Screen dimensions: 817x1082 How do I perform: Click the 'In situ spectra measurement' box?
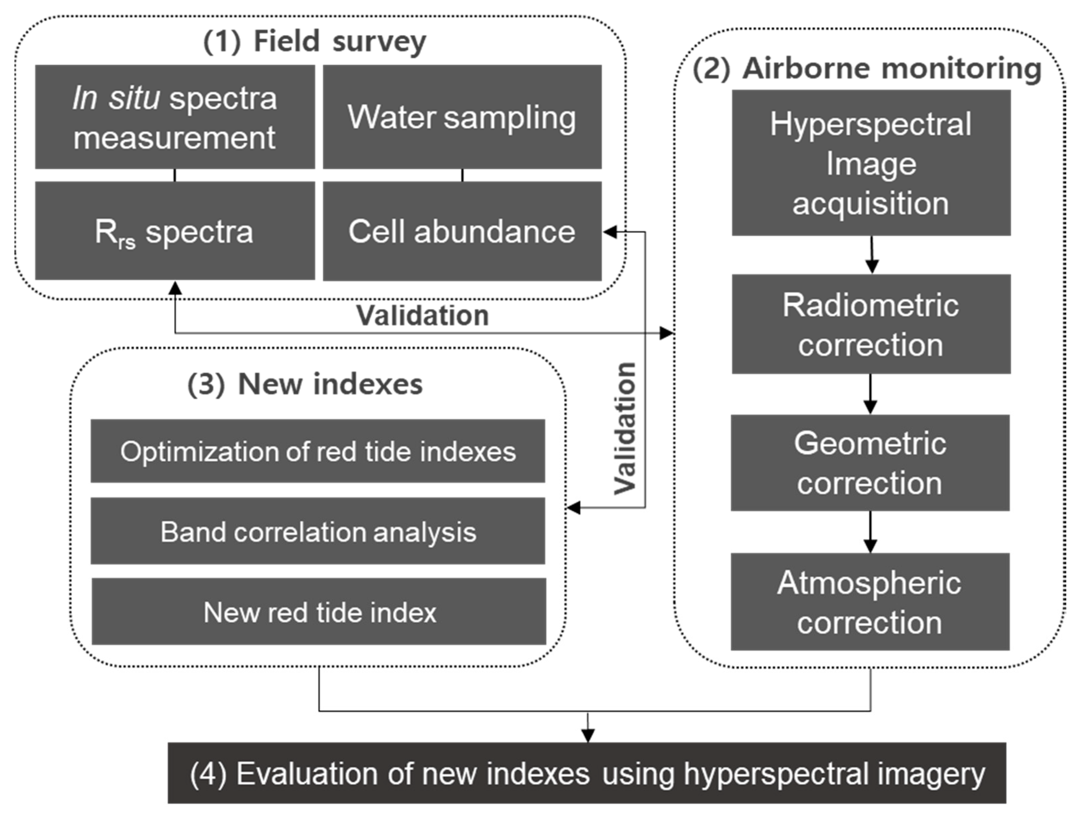pyautogui.click(x=174, y=117)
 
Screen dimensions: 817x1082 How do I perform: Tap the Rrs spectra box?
pyautogui.click(x=174, y=231)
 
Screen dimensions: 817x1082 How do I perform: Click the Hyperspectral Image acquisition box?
pyautogui.click(x=871, y=162)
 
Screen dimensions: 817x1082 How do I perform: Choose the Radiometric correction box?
pyautogui.click(x=871, y=324)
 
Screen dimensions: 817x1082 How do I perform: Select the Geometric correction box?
pyautogui.click(x=870, y=463)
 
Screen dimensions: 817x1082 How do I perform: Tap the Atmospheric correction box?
pyautogui.click(x=870, y=602)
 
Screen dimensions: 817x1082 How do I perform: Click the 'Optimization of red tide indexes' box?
pyautogui.click(x=318, y=451)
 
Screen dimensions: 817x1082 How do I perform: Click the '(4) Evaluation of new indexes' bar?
pyautogui.click(x=587, y=774)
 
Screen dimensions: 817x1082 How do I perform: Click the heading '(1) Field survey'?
pyautogui.click(x=315, y=41)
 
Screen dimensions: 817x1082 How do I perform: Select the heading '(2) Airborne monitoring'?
pyautogui.click(x=867, y=69)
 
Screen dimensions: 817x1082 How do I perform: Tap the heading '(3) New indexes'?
pyautogui.click(x=305, y=384)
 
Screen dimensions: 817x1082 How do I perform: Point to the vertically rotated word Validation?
pyautogui.click(x=625, y=429)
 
